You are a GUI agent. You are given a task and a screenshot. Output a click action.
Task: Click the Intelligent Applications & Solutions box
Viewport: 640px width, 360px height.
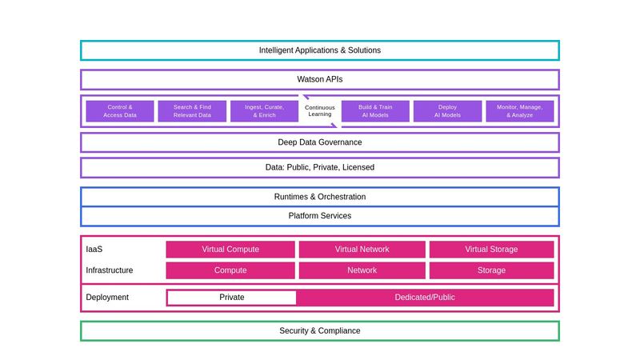[320, 50]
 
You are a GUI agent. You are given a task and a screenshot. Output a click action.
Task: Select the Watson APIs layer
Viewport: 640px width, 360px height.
[320, 79]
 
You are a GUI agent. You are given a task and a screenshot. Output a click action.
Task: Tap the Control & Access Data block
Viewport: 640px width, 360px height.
[120, 111]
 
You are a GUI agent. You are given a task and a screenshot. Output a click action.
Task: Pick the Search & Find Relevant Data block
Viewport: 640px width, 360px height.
[192, 111]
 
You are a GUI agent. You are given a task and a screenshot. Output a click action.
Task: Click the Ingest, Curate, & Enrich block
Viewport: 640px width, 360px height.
[264, 111]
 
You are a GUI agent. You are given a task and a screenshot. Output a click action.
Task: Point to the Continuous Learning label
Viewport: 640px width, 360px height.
[320, 111]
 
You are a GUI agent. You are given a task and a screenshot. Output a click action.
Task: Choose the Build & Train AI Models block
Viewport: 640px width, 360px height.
[375, 111]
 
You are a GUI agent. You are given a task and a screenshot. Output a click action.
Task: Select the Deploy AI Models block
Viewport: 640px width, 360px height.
[447, 111]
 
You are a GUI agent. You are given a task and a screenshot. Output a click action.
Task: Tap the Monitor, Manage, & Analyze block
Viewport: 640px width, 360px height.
[520, 111]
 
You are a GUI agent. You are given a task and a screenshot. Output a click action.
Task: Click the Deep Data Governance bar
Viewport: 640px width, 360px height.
[320, 142]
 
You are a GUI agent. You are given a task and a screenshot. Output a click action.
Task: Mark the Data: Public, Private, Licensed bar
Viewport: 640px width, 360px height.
[320, 167]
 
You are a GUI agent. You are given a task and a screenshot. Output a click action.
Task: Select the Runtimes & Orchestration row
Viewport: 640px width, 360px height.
[320, 197]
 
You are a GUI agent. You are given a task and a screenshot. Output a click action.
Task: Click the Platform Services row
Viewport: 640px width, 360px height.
[320, 216]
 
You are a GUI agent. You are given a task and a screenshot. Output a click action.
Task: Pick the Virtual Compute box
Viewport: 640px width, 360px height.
[230, 250]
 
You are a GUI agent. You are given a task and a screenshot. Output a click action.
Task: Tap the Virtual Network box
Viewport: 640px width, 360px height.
[362, 250]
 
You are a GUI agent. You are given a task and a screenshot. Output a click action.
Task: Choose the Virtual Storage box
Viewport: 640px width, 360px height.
[491, 250]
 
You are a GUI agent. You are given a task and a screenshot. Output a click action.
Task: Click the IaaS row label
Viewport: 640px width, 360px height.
[94, 250]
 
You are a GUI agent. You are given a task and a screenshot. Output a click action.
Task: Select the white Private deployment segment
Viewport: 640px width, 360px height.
[232, 298]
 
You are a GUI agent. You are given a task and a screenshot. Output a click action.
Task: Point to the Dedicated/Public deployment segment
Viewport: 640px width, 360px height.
[425, 298]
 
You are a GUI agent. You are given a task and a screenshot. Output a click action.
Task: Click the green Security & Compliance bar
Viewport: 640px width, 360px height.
[320, 331]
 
